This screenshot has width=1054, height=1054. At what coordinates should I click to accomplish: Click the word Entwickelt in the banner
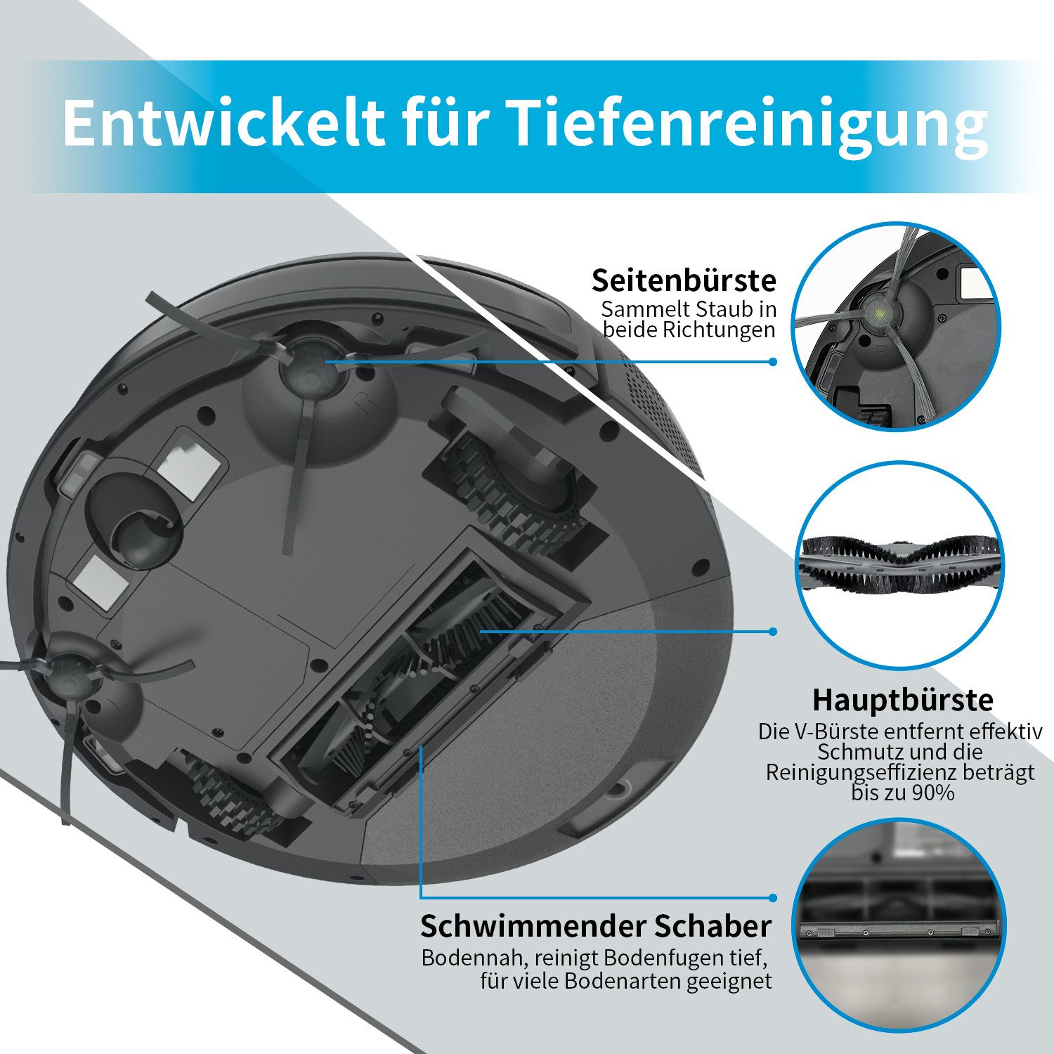[x=223, y=123]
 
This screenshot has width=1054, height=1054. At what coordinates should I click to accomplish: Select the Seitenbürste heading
[x=684, y=280]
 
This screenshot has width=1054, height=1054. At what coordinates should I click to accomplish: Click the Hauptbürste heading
[x=903, y=700]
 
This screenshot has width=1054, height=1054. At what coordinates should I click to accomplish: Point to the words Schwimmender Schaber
[x=596, y=926]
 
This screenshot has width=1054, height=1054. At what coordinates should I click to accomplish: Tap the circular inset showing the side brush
[x=897, y=326]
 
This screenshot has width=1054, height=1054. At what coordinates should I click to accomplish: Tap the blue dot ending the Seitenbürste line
[x=773, y=362]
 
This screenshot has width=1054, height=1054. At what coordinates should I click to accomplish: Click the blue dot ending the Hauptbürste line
[x=773, y=631]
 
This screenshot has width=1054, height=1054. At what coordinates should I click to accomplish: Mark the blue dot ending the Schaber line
[x=773, y=898]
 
